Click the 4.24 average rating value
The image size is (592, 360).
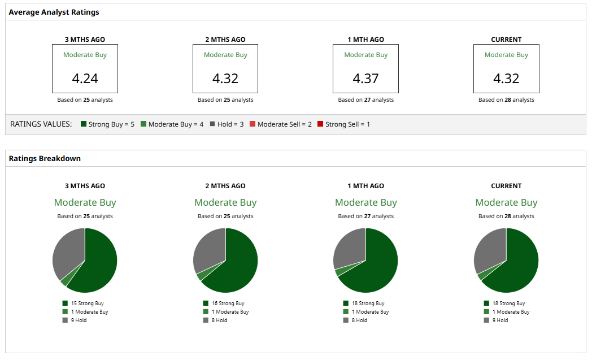(85, 78)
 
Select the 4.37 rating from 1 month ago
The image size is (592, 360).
(365, 78)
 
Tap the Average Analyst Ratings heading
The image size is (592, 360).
(54, 12)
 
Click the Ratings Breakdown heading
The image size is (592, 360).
(45, 158)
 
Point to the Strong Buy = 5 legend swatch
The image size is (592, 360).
(84, 124)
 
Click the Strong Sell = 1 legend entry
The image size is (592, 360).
(343, 124)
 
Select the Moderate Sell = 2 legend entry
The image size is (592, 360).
(280, 124)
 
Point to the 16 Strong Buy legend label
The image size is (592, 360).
(228, 303)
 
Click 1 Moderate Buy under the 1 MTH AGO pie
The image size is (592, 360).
(370, 312)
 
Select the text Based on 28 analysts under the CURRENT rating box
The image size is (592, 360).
(506, 100)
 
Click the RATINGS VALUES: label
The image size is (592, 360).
(41, 124)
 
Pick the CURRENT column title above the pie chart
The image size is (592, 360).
(506, 186)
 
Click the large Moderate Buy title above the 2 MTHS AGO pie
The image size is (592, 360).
(225, 202)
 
